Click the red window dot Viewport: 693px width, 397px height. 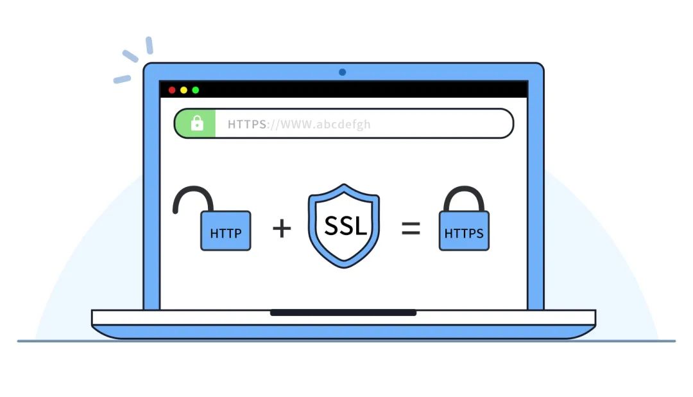172,91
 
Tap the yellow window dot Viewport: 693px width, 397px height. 184,91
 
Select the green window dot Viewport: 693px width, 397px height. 195,91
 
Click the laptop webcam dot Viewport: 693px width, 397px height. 342,72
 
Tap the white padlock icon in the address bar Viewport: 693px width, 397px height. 197,123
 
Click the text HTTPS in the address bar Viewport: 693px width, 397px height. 247,125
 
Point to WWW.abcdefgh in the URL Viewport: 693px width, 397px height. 325,125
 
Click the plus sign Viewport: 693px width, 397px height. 282,229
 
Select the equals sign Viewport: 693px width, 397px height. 411,229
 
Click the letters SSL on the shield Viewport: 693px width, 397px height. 346,225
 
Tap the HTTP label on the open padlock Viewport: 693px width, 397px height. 226,233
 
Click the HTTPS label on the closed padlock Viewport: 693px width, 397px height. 464,233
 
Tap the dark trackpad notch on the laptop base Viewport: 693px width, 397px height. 343,313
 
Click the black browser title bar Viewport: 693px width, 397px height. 343,89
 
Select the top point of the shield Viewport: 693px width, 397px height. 344,184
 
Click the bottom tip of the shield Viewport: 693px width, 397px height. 344,267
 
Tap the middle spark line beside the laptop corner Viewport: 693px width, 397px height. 130,56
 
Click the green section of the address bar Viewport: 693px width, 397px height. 195,123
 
